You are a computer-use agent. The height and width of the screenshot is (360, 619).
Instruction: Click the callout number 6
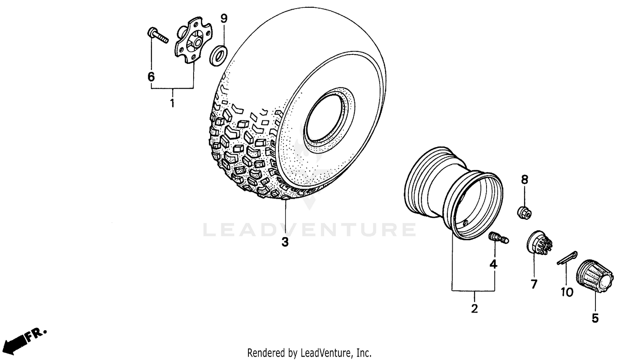(x=151, y=77)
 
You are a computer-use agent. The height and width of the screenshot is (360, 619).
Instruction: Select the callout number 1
(x=172, y=103)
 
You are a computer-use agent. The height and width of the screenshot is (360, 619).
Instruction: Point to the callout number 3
(x=285, y=242)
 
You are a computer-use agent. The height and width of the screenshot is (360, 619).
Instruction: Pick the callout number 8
(x=524, y=180)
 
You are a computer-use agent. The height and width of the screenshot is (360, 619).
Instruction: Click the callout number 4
(x=494, y=264)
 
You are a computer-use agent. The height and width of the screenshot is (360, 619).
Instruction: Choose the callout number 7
(x=534, y=284)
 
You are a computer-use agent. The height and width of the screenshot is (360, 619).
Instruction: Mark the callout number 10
(x=567, y=292)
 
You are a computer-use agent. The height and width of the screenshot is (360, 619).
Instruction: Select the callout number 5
(x=595, y=318)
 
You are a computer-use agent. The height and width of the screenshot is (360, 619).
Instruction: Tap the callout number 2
(x=475, y=308)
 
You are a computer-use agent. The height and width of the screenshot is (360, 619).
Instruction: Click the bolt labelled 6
(x=158, y=35)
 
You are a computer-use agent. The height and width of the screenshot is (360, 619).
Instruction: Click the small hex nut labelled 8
(x=524, y=213)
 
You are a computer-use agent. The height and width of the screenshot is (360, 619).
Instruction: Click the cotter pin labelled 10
(x=567, y=258)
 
